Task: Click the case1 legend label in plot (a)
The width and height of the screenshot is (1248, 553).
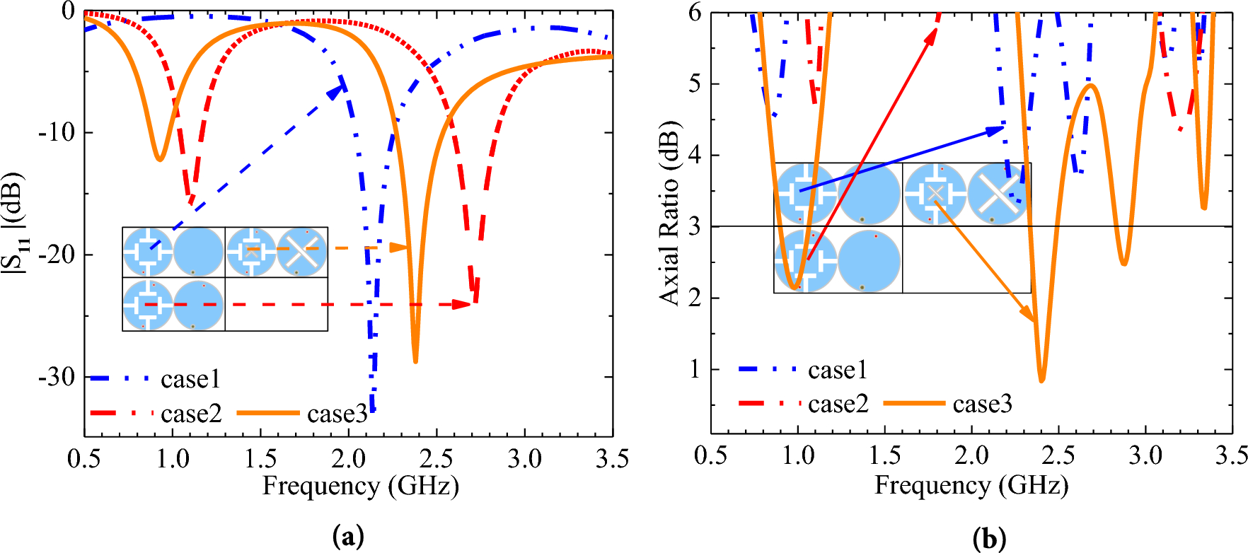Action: point(190,380)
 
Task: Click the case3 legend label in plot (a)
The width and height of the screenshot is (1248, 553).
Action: point(337,414)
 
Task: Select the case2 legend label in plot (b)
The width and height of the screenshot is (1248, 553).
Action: point(838,404)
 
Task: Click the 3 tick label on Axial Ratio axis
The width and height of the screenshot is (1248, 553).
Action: point(695,226)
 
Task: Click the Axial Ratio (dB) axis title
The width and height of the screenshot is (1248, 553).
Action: point(669,212)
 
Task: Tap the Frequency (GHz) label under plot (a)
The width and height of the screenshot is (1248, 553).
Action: point(361,487)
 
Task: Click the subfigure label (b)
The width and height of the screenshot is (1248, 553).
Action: point(989,539)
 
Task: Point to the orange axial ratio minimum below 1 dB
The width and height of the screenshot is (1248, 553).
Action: point(1041,380)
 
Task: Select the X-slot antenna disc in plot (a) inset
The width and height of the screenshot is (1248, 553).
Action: point(302,252)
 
